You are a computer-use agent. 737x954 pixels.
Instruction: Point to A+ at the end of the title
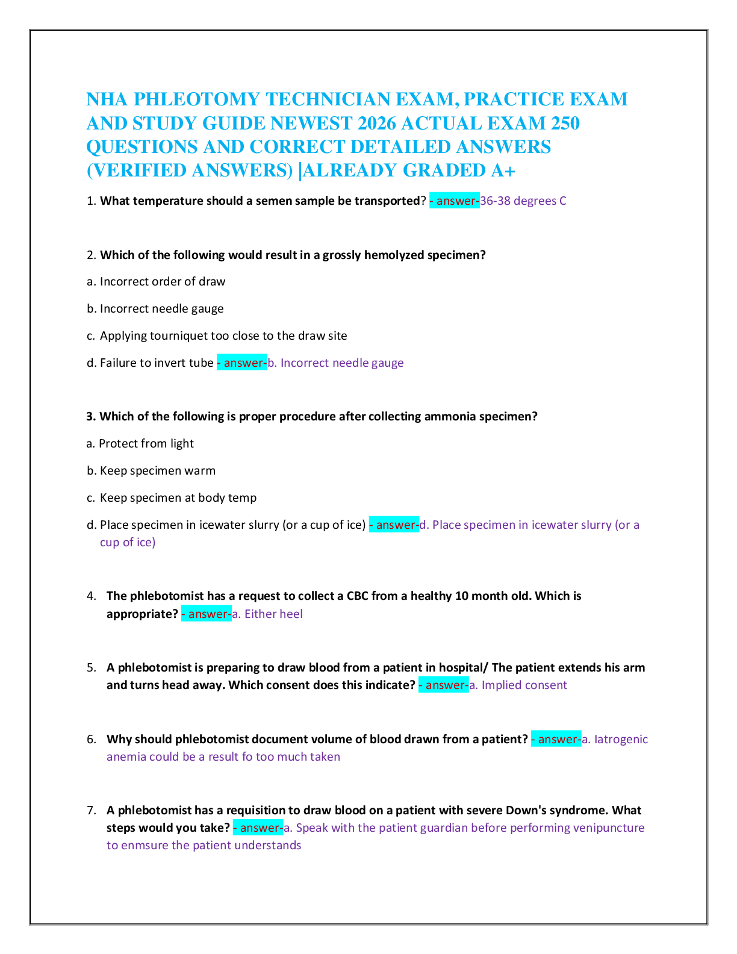503,171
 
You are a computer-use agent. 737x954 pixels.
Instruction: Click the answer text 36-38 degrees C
523,201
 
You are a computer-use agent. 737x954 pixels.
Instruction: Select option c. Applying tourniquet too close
217,336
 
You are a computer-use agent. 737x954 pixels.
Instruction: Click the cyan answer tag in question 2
242,363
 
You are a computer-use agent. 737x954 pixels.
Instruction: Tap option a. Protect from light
140,444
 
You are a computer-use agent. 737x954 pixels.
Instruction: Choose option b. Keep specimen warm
151,471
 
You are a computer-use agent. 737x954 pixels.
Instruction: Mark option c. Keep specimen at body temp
172,498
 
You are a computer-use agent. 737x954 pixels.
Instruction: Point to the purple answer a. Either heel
267,614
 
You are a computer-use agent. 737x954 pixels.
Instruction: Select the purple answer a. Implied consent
518,685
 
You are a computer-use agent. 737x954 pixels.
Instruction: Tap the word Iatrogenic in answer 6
621,740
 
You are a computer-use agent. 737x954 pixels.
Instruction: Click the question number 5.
92,668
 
